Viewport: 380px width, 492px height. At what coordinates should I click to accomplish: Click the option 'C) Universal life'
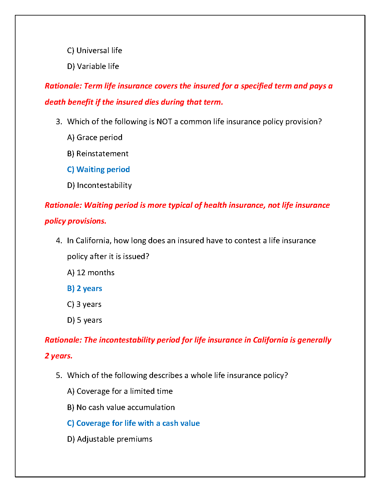[x=94, y=51]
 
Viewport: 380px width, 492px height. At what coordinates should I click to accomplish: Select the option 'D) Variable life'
[x=93, y=66]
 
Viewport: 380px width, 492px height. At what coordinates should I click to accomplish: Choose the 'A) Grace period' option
[x=95, y=138]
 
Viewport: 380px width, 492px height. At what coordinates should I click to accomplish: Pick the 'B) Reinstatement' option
[x=97, y=154]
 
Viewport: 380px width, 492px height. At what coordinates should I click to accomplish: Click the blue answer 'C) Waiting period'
[x=98, y=170]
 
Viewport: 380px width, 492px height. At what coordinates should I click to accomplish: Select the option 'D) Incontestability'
[x=99, y=185]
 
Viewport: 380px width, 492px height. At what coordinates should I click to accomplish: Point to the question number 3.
[x=59, y=122]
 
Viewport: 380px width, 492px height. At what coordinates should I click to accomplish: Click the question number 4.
[x=59, y=241]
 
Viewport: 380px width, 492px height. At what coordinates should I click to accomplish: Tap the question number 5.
[x=59, y=376]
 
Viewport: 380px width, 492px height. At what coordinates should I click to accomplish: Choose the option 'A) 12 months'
[x=91, y=273]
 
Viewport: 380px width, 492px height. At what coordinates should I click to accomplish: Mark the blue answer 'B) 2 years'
[x=84, y=289]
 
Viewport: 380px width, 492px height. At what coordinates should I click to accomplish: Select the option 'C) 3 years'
[x=84, y=304]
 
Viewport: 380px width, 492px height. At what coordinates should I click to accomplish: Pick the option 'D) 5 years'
[x=84, y=320]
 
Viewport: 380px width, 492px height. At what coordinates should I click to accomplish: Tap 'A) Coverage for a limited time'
[x=120, y=391]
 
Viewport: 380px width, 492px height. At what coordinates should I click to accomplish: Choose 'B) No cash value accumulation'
[x=121, y=408]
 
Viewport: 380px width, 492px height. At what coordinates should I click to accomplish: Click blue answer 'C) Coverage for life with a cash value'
[x=133, y=423]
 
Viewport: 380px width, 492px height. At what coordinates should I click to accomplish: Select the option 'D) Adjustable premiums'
[x=110, y=439]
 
